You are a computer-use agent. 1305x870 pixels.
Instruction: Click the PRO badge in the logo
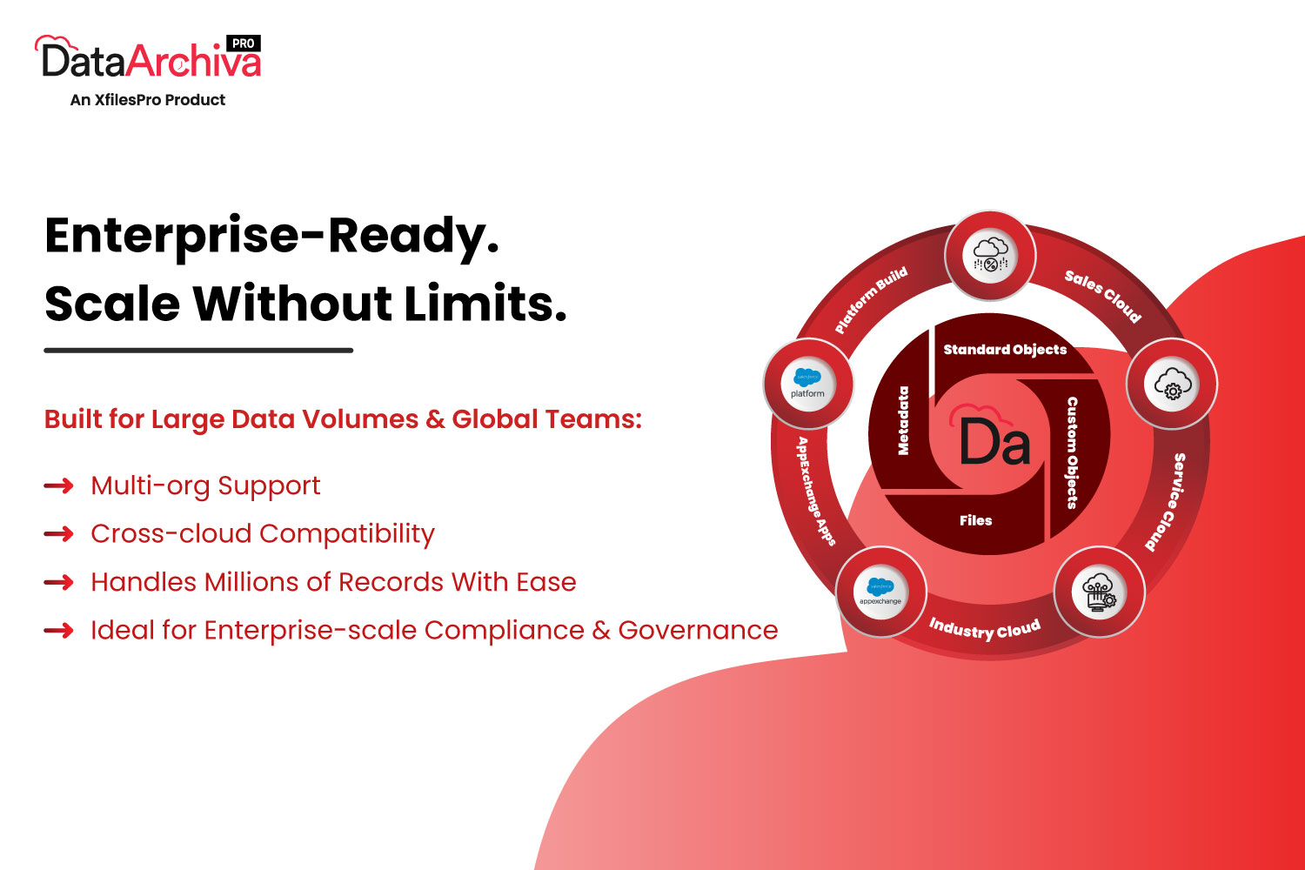pyautogui.click(x=243, y=43)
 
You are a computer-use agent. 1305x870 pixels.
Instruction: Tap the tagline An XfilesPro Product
pyautogui.click(x=147, y=100)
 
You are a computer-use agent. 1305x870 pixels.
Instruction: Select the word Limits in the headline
pyautogui.click(x=485, y=304)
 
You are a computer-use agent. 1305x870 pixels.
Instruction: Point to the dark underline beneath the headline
pyautogui.click(x=198, y=351)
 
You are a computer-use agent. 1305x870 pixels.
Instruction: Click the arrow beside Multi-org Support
pyautogui.click(x=59, y=485)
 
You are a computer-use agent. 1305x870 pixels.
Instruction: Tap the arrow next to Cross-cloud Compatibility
pyautogui.click(x=59, y=534)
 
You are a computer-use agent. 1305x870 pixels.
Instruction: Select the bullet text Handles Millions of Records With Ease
pyautogui.click(x=333, y=582)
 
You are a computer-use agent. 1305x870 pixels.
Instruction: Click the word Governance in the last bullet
pyautogui.click(x=698, y=630)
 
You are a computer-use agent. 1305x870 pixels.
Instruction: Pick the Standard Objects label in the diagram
pyautogui.click(x=1005, y=349)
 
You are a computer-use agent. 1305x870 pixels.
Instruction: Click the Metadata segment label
pyautogui.click(x=903, y=420)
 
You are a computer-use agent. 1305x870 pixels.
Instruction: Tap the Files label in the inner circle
pyautogui.click(x=976, y=520)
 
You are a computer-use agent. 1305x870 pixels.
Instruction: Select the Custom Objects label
pyautogui.click(x=1072, y=452)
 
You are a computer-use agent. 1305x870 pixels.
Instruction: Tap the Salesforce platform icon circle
pyautogui.click(x=807, y=384)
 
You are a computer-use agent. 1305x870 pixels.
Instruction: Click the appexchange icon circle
pyautogui.click(x=880, y=592)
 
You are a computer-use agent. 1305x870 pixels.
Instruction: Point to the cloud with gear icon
pyautogui.click(x=1172, y=384)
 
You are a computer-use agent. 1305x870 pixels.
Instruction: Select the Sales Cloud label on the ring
pyautogui.click(x=1103, y=296)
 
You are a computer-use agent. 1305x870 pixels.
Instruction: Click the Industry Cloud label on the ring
pyautogui.click(x=985, y=629)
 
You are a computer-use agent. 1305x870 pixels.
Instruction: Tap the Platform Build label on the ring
pyautogui.click(x=871, y=299)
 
